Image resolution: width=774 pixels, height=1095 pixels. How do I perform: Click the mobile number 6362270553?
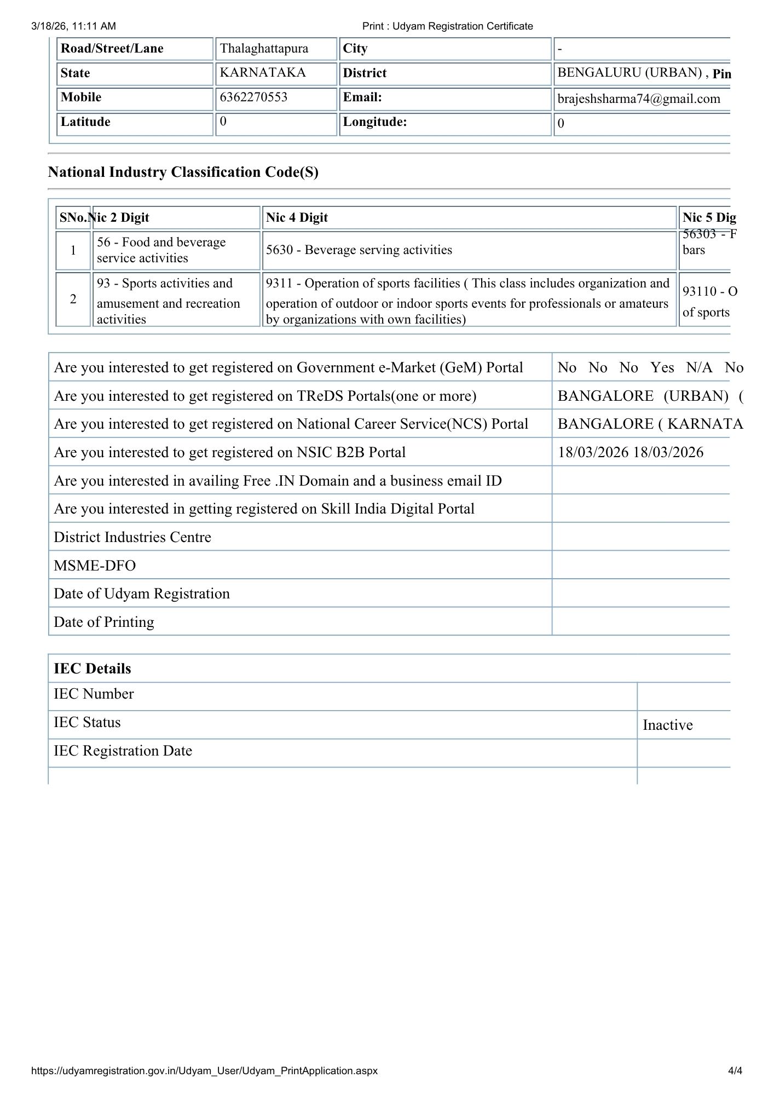point(253,97)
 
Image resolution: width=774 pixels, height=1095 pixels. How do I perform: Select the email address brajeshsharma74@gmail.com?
point(639,99)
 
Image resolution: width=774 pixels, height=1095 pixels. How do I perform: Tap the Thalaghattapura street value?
point(264,49)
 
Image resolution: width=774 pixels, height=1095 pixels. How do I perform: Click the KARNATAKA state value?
point(263,73)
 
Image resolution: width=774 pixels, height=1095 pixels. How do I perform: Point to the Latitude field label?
point(85,122)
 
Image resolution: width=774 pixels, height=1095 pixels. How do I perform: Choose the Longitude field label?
point(374,122)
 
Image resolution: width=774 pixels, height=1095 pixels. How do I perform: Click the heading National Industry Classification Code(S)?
point(183,172)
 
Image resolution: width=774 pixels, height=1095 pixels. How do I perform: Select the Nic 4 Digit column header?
point(297,218)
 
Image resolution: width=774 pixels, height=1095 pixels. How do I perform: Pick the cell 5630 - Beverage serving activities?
point(359,250)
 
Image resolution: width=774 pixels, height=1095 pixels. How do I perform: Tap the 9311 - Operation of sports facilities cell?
point(467,301)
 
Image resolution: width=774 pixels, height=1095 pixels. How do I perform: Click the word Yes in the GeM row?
point(662,368)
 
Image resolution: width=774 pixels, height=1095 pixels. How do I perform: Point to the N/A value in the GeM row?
point(699,368)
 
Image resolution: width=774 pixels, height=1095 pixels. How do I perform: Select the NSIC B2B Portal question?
point(230,453)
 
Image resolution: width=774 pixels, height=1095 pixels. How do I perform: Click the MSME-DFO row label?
point(95,566)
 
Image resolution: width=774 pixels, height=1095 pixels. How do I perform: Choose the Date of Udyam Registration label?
point(142,594)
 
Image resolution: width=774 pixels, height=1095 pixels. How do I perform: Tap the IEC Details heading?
point(93,669)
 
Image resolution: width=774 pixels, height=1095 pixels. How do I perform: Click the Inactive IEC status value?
point(667,725)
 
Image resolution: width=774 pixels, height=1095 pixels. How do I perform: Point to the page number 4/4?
point(735,1070)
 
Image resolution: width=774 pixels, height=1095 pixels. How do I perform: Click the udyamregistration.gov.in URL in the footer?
point(205,1070)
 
